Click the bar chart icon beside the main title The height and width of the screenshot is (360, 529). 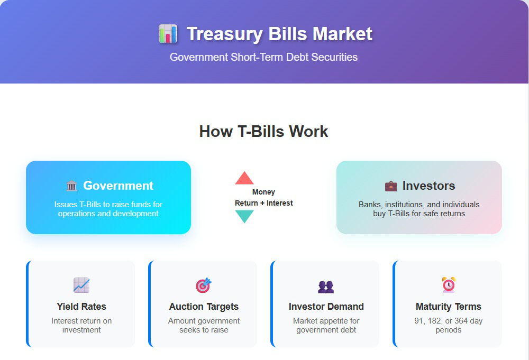click(168, 34)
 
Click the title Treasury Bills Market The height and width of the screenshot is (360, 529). click(279, 34)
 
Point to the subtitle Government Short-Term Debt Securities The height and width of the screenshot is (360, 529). click(263, 57)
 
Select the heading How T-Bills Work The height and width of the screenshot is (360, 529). click(263, 131)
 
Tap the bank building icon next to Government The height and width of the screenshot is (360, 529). click(71, 186)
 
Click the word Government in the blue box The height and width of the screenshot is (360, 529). click(118, 186)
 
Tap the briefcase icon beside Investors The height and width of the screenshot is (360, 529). click(391, 186)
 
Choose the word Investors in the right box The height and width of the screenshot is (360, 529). click(428, 186)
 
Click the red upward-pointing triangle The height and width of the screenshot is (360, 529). click(244, 178)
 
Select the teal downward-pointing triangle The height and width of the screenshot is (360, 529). click(244, 216)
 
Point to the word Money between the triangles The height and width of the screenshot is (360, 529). click(263, 192)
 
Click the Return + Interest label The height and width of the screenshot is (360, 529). click(264, 203)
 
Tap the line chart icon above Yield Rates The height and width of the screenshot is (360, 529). click(81, 285)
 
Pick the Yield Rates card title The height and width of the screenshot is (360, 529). click(81, 307)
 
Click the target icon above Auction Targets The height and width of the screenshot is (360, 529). click(204, 285)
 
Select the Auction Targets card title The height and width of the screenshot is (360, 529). click(204, 307)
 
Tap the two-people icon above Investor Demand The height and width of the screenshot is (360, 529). click(326, 287)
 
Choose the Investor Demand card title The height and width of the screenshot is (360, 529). click(326, 307)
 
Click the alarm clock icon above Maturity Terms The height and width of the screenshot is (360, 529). click(449, 285)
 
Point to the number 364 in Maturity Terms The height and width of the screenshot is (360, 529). click(461, 321)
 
